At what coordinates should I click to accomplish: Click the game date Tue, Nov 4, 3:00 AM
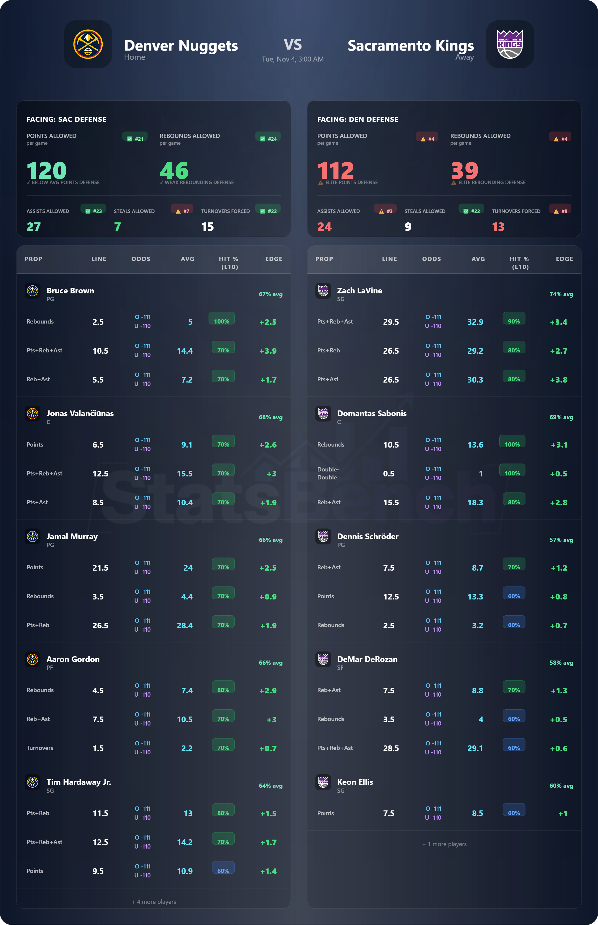click(293, 59)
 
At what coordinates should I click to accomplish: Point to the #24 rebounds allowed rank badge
click(268, 138)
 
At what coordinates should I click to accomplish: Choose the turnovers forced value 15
click(207, 227)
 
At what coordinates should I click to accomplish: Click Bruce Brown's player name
click(70, 291)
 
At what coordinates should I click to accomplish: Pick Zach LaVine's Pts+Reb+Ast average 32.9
click(475, 322)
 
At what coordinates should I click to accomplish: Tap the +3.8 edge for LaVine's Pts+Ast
click(558, 380)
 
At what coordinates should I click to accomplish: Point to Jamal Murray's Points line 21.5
click(100, 568)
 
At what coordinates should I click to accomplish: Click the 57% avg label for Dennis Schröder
click(561, 540)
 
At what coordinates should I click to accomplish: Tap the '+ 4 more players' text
click(154, 901)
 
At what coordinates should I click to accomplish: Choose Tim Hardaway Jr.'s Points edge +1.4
click(268, 871)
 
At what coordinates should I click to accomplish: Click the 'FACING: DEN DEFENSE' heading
click(358, 119)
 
